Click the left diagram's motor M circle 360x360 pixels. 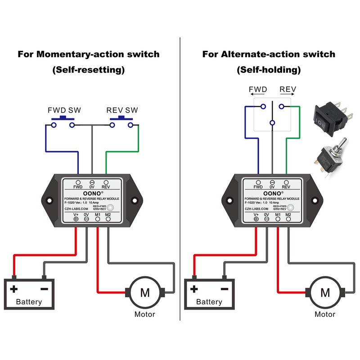pyautogui.click(x=145, y=292)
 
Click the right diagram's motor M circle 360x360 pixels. pyautogui.click(x=325, y=292)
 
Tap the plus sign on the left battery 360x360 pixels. pyautogui.click(x=14, y=289)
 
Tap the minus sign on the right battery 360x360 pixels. pyautogui.click(x=224, y=289)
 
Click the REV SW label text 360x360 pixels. pyautogui.click(x=122, y=110)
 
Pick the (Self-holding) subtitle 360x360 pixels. pyautogui.click(x=269, y=70)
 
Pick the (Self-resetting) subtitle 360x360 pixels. pyautogui.click(x=88, y=70)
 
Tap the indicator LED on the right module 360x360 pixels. pyautogui.click(x=291, y=208)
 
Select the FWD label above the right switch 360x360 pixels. pyautogui.click(x=258, y=89)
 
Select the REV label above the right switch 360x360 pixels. pyautogui.click(x=288, y=89)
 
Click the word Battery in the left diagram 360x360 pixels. pyautogui.click(x=29, y=302)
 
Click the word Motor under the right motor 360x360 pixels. pyautogui.click(x=325, y=314)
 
